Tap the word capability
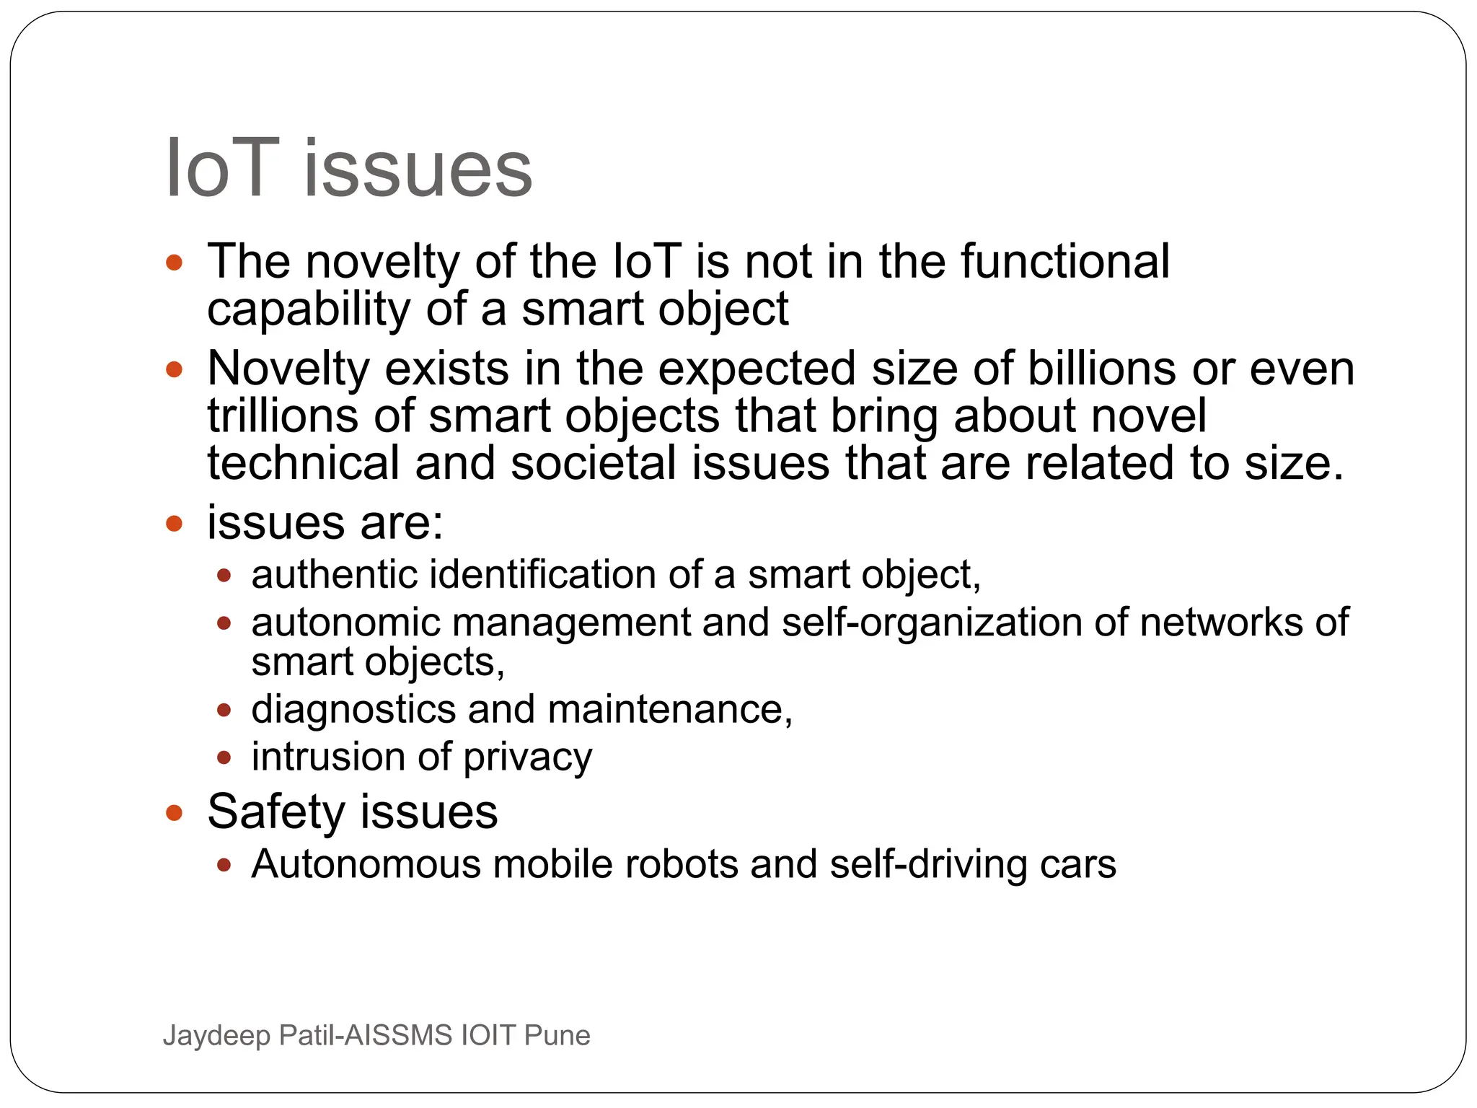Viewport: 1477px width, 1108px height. pyautogui.click(x=308, y=309)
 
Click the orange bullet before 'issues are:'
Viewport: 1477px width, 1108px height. pyautogui.click(x=174, y=522)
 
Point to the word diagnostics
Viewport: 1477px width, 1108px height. pyautogui.click(x=353, y=710)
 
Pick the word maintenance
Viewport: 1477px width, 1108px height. pyautogui.click(x=670, y=709)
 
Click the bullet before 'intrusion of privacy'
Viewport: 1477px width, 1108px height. pyautogui.click(x=224, y=757)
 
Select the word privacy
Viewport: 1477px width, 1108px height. pyautogui.click(x=527, y=758)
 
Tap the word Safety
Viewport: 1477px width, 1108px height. pyautogui.click(x=277, y=812)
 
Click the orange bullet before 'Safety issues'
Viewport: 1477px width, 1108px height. pyautogui.click(x=174, y=813)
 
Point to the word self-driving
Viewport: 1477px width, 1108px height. pyautogui.click(x=928, y=864)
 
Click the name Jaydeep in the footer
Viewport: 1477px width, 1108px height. pyautogui.click(x=216, y=1036)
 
